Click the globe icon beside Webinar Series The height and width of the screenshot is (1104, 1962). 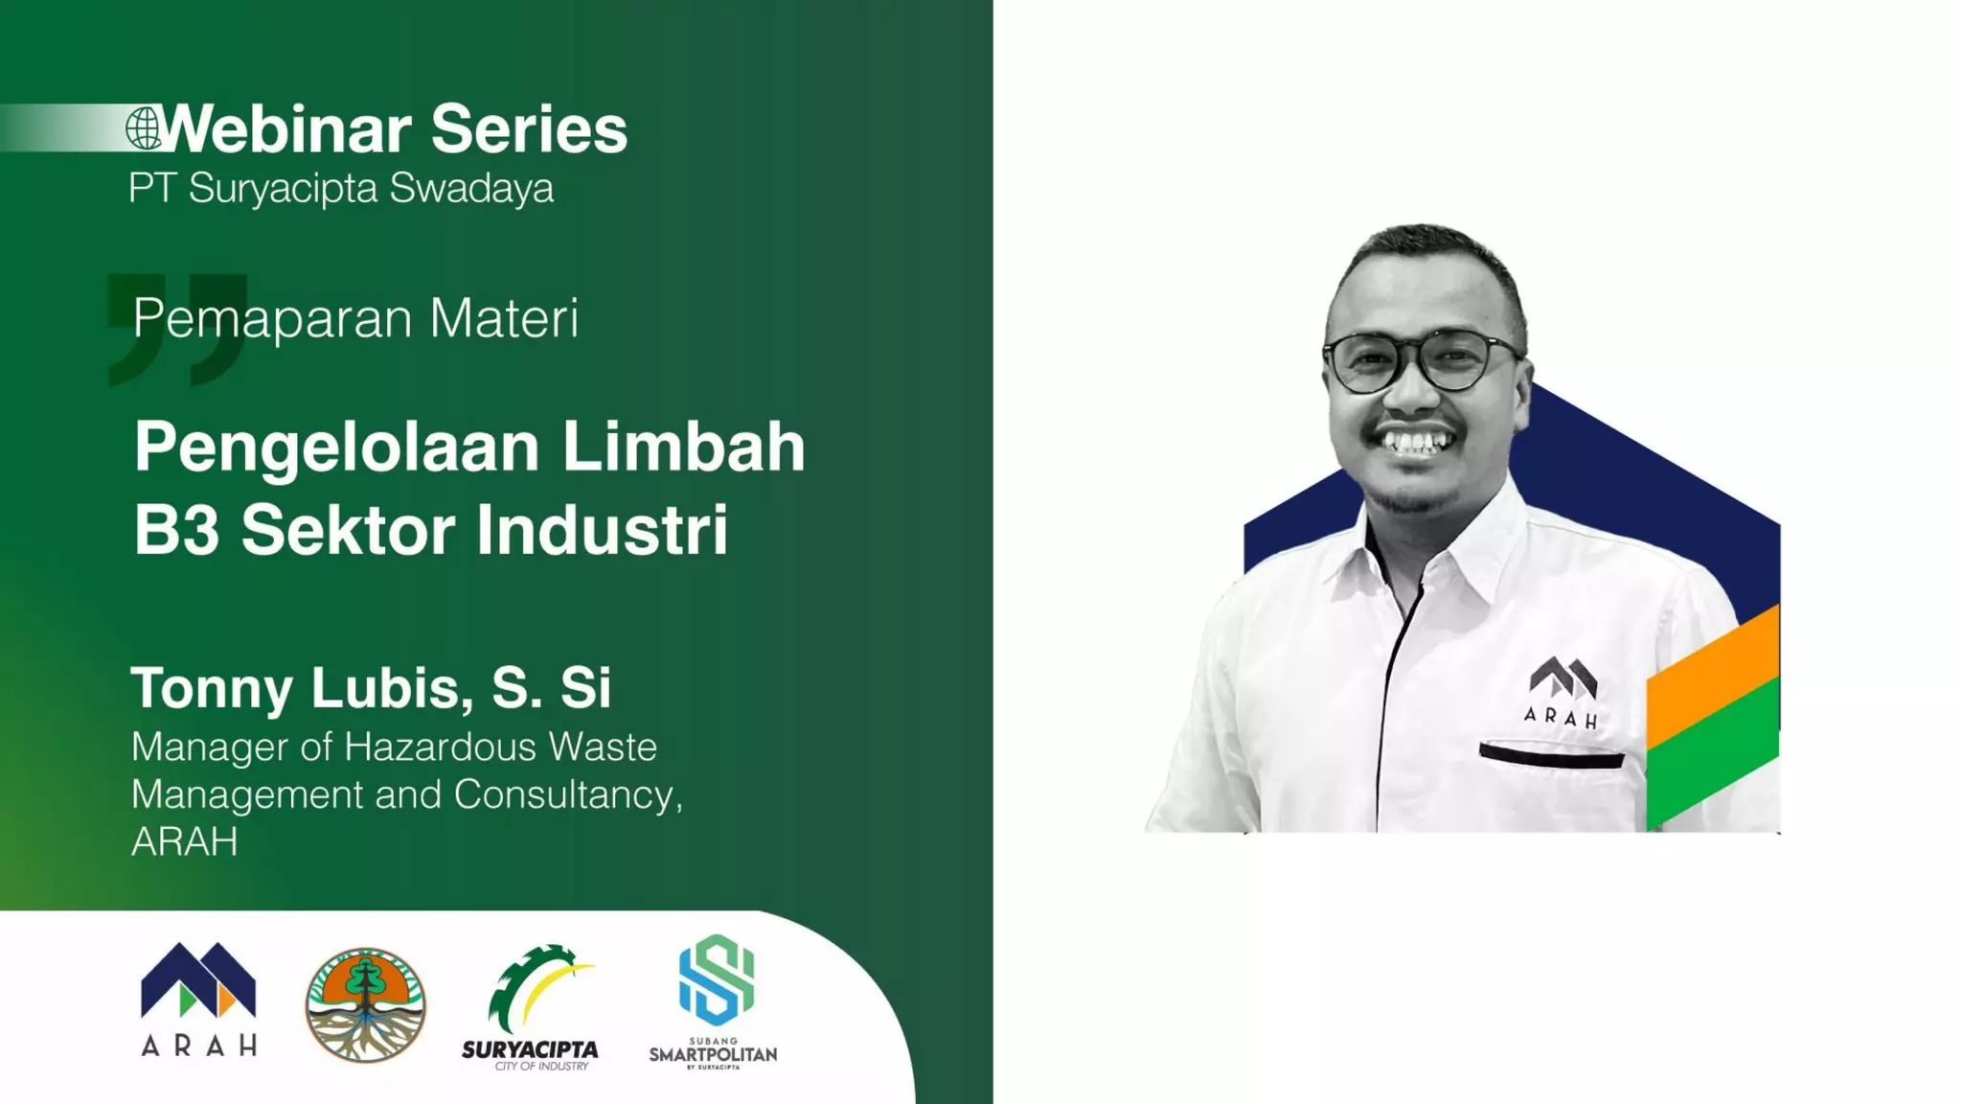click(145, 128)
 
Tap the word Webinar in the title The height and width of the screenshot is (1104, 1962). click(287, 129)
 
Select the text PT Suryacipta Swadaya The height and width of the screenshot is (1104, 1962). click(341, 188)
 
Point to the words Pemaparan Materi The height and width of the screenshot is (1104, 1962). click(355, 318)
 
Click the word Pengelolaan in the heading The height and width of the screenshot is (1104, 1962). click(336, 448)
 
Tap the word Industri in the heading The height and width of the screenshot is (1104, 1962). click(602, 530)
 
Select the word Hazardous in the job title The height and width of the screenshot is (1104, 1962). click(440, 747)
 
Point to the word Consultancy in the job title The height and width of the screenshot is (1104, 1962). click(566, 794)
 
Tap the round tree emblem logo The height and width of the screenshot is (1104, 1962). click(365, 1005)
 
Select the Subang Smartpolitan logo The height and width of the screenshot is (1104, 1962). click(714, 1001)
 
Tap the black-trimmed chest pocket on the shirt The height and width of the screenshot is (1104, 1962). click(1551, 756)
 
